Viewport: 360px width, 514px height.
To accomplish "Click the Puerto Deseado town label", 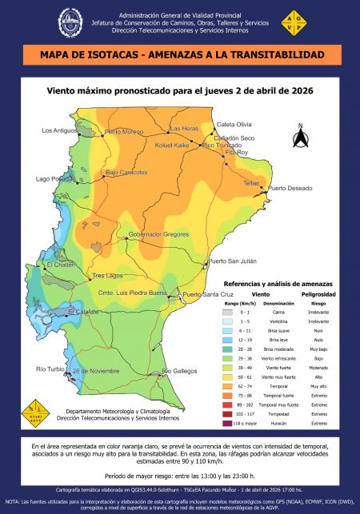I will coord(289,189).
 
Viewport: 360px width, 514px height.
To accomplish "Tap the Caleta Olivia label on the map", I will coord(234,125).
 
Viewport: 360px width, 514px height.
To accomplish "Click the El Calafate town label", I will coord(82,311).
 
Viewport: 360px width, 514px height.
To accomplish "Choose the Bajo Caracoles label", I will coord(126,173).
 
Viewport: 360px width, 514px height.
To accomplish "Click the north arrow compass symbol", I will coord(301,137).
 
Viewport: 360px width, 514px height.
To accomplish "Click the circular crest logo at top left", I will coord(70,24).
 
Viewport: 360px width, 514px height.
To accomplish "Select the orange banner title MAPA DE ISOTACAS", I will coord(179,55).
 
